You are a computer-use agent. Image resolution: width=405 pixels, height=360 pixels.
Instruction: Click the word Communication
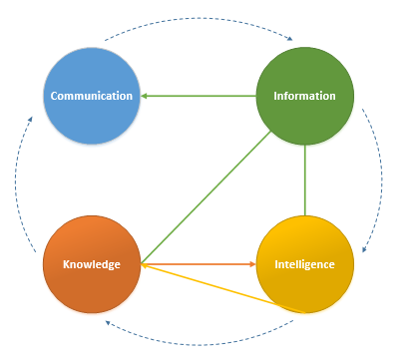[x=92, y=96]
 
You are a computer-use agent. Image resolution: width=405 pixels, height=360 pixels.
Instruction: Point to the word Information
[x=304, y=96]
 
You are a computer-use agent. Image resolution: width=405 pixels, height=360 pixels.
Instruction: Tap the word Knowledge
[x=92, y=264]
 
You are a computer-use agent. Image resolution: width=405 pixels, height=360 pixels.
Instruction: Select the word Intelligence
[x=304, y=264]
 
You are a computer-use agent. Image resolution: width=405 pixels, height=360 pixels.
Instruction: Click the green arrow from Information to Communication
[x=200, y=96]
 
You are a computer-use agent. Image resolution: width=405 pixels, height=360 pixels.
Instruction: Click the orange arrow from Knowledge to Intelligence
[x=200, y=264]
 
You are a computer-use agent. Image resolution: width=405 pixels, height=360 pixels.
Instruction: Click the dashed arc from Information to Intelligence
[x=379, y=180]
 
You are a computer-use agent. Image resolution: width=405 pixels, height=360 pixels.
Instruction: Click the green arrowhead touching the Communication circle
[x=145, y=96]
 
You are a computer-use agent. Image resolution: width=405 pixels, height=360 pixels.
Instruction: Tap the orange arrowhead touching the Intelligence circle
[x=252, y=264]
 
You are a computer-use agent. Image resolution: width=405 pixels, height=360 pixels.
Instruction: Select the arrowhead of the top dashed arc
[x=289, y=40]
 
